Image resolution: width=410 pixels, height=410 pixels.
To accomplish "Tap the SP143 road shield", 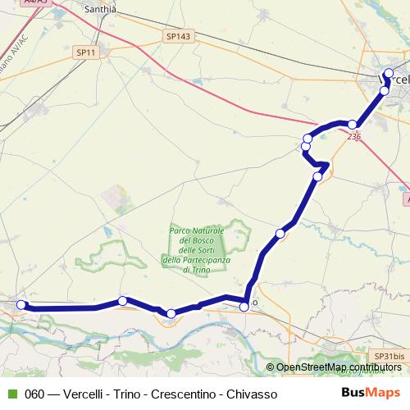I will pyautogui.click(x=177, y=36).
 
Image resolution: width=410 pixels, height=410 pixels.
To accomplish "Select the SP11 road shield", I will pyautogui.click(x=85, y=52).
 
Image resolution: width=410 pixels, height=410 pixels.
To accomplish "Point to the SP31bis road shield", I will pyautogui.click(x=389, y=356).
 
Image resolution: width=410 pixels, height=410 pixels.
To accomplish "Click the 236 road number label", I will pyautogui.click(x=353, y=136).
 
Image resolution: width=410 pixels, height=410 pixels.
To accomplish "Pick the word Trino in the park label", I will pyautogui.click(x=201, y=270).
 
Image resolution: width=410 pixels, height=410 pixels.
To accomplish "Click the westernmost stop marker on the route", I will pyautogui.click(x=21, y=305).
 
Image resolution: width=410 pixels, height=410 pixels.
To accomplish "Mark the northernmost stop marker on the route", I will pyautogui.click(x=389, y=74).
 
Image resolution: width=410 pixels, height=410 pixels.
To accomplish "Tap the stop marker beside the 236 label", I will pyautogui.click(x=352, y=125).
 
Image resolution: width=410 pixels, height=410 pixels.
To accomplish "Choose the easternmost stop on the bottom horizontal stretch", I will pyautogui.click(x=244, y=307).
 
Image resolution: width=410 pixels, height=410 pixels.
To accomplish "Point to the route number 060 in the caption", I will pyautogui.click(x=34, y=394).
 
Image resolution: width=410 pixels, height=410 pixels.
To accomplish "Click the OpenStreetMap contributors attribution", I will pyautogui.click(x=334, y=367).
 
